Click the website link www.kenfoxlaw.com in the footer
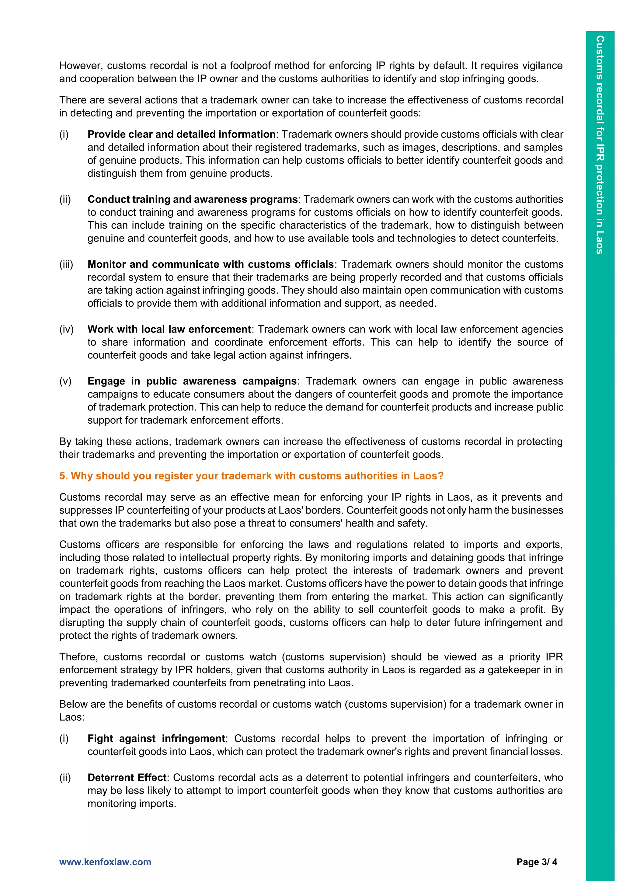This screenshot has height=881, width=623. click(105, 862)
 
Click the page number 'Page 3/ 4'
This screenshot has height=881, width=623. click(537, 862)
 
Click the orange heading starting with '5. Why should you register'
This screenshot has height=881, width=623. click(251, 476)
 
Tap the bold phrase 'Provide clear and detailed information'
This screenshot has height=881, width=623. click(181, 134)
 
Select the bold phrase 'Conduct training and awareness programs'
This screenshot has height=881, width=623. click(193, 199)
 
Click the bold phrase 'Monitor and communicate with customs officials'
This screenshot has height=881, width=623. click(211, 264)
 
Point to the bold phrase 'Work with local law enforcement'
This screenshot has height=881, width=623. click(169, 329)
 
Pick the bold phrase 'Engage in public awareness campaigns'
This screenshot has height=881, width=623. click(192, 381)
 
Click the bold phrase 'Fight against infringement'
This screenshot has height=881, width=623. click(156, 738)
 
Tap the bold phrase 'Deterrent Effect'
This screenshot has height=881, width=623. click(127, 777)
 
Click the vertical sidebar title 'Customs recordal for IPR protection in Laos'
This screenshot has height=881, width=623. click(600, 145)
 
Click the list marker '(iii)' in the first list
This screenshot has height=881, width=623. click(66, 264)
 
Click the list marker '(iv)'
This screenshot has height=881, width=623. click(66, 329)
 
